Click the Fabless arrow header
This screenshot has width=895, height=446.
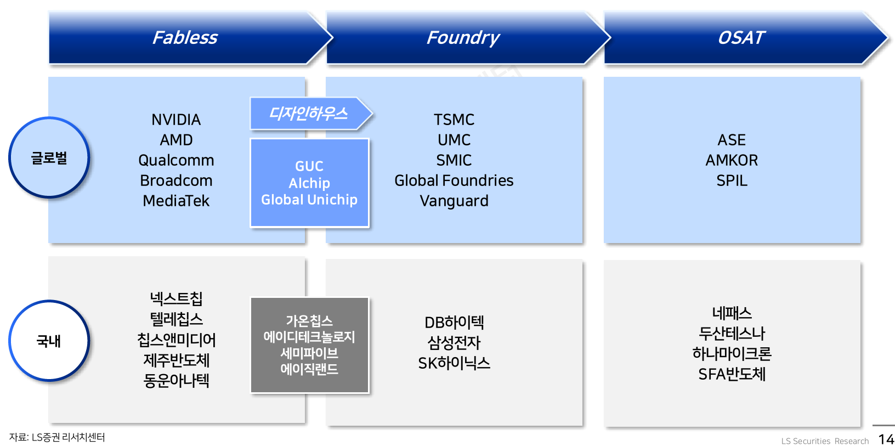tap(185, 38)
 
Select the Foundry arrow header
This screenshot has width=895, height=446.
tap(463, 38)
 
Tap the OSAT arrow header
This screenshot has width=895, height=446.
tap(741, 38)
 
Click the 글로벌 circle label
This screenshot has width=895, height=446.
tap(49, 158)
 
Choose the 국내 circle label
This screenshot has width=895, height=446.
tap(49, 341)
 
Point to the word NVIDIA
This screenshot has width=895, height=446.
tap(176, 120)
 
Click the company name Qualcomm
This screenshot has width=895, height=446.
tap(176, 160)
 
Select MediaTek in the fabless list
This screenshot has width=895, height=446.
tap(176, 201)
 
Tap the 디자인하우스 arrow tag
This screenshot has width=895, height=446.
tap(309, 114)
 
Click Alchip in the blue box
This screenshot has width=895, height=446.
tap(309, 183)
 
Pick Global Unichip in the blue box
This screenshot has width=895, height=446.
tap(309, 200)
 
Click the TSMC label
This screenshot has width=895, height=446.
tap(454, 120)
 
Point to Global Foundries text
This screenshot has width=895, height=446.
tap(454, 180)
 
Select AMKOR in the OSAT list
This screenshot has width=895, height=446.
tap(732, 160)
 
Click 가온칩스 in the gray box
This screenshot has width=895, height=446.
tap(309, 321)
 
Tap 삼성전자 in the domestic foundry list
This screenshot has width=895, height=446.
tap(454, 343)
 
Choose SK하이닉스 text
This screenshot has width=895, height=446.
tap(454, 363)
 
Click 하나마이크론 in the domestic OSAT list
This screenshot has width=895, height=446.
tap(732, 354)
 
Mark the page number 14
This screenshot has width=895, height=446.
tap(886, 439)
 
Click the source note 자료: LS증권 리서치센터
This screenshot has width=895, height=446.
tap(57, 437)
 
